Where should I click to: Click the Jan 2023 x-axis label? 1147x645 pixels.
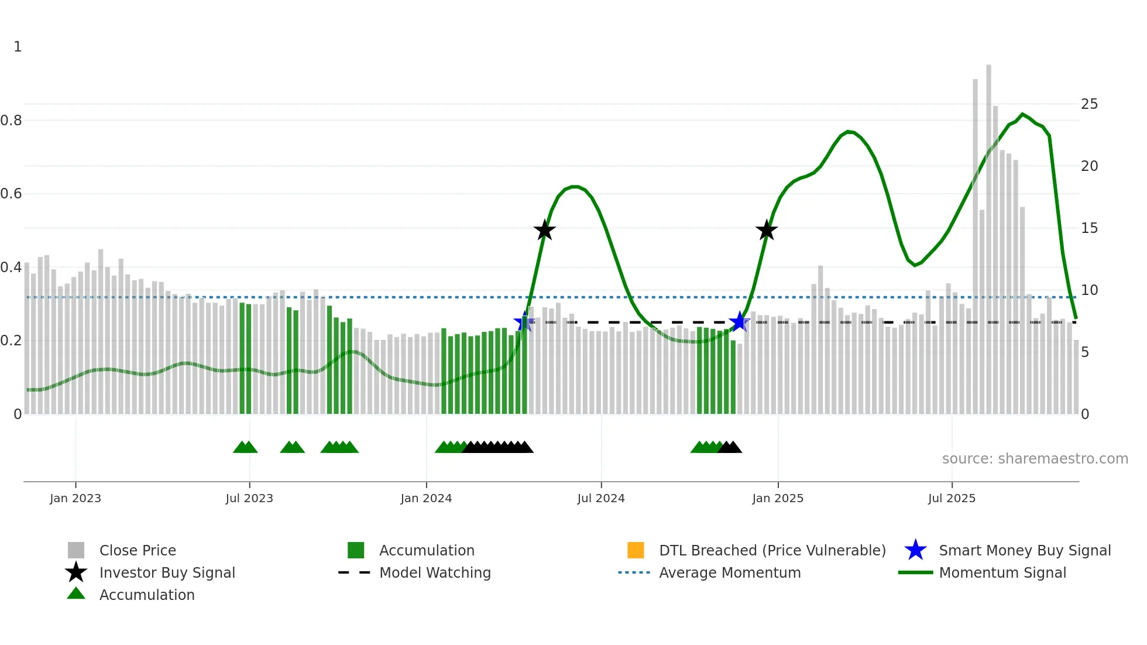(x=75, y=498)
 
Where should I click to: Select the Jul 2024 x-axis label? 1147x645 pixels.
(x=601, y=498)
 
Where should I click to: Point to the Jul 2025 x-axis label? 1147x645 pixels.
(x=952, y=498)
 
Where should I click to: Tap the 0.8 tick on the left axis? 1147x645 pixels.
(x=11, y=121)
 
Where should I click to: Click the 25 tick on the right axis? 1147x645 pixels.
(x=1089, y=104)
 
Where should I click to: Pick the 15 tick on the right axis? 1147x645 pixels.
(x=1089, y=228)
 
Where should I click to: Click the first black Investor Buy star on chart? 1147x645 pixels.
(x=544, y=230)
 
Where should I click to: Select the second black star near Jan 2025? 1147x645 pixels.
(x=766, y=230)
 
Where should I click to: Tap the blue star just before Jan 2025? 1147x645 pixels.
(x=740, y=321)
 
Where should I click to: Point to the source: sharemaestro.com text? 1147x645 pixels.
(x=1035, y=459)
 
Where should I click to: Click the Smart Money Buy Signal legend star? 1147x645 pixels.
(x=915, y=550)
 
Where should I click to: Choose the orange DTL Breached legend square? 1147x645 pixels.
(x=636, y=550)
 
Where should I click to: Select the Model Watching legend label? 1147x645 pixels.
(x=435, y=573)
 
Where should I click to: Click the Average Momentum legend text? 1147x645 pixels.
(x=730, y=573)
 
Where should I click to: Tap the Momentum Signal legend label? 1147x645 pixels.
(x=1002, y=573)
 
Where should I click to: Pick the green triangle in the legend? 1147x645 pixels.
(x=76, y=593)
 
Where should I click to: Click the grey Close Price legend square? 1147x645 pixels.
(x=76, y=550)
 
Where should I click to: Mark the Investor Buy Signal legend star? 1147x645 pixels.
(x=76, y=572)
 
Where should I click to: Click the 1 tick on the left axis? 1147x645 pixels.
(x=18, y=47)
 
